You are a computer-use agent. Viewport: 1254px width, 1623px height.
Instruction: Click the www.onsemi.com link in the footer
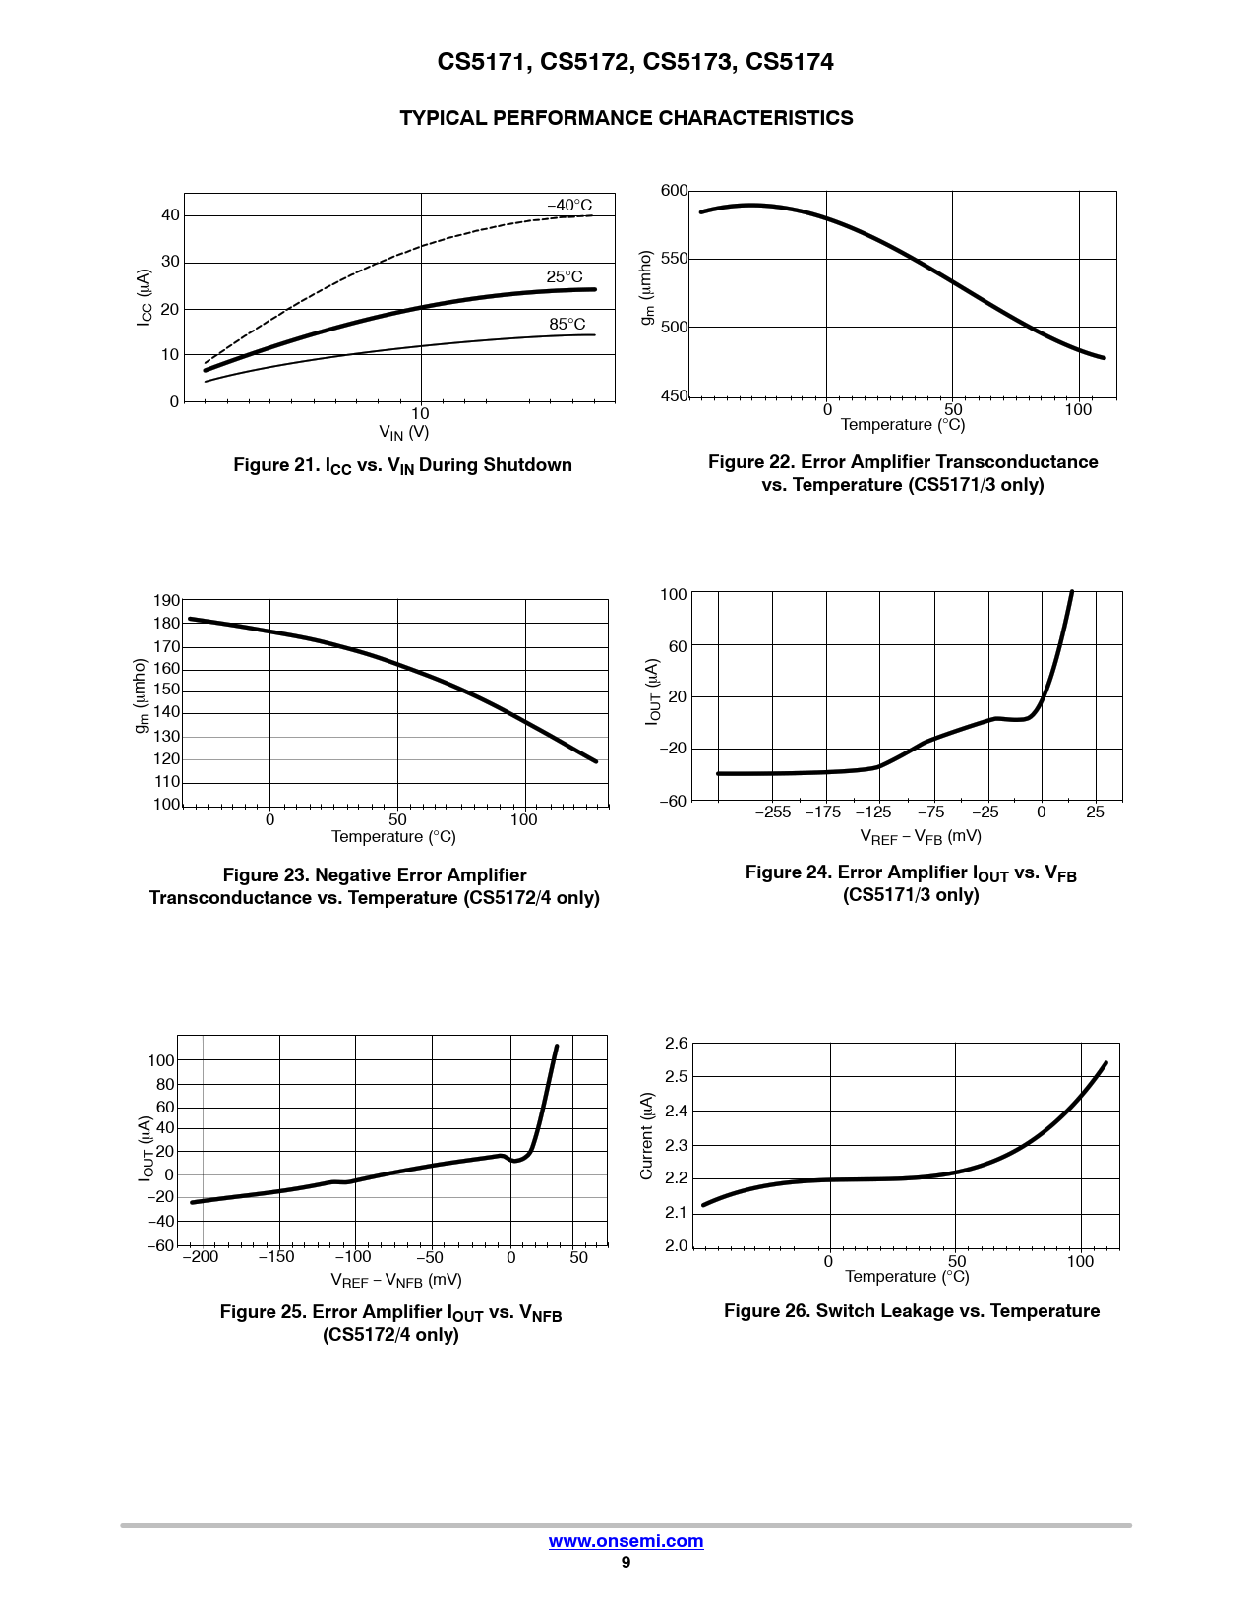(x=626, y=1541)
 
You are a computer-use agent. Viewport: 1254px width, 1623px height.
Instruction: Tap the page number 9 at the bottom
(x=626, y=1563)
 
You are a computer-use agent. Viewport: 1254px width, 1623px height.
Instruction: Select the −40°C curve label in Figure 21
(x=569, y=206)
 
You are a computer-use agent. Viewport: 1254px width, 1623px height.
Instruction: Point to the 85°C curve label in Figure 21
(x=567, y=325)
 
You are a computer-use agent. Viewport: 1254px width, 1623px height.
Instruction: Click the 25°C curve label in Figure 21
(x=565, y=277)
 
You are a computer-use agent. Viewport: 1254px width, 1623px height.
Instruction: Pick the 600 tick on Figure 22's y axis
(x=674, y=191)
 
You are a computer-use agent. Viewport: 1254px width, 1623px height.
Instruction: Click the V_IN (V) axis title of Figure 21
(x=404, y=432)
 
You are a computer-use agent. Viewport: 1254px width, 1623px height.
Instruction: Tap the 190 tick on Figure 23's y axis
(x=167, y=601)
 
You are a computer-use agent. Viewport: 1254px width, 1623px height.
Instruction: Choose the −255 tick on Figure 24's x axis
(x=773, y=812)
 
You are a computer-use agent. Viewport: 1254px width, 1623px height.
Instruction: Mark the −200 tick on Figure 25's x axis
(x=201, y=1257)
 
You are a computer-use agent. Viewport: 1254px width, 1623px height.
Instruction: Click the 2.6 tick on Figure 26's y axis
(x=677, y=1044)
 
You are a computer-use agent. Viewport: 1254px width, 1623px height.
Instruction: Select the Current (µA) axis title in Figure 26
(x=646, y=1136)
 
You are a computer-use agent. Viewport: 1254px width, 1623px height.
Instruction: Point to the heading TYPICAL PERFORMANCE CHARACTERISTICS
(x=627, y=118)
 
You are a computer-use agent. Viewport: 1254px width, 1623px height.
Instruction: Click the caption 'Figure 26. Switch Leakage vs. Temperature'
(x=912, y=1311)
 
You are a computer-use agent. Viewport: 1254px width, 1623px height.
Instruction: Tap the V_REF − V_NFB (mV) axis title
(x=396, y=1281)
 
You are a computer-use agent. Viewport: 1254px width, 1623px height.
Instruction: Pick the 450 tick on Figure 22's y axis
(x=675, y=396)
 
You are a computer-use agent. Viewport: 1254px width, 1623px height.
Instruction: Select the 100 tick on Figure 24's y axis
(x=674, y=595)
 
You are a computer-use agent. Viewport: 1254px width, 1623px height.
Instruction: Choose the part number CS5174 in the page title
(x=790, y=62)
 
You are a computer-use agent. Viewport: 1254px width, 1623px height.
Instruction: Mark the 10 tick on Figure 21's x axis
(x=420, y=414)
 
